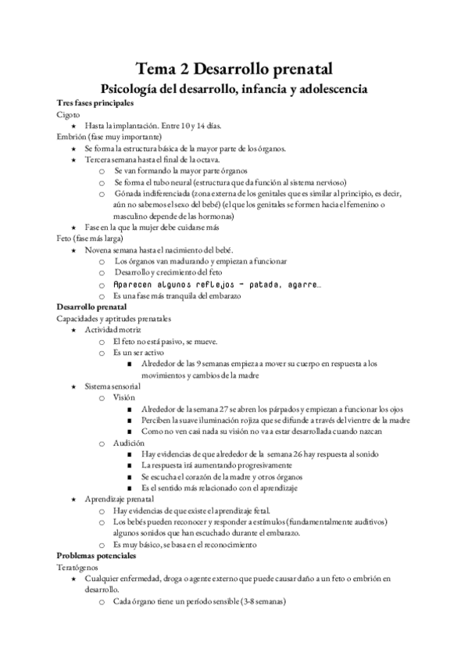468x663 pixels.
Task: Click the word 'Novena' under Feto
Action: (98, 249)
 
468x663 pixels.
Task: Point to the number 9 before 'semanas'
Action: (200, 364)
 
